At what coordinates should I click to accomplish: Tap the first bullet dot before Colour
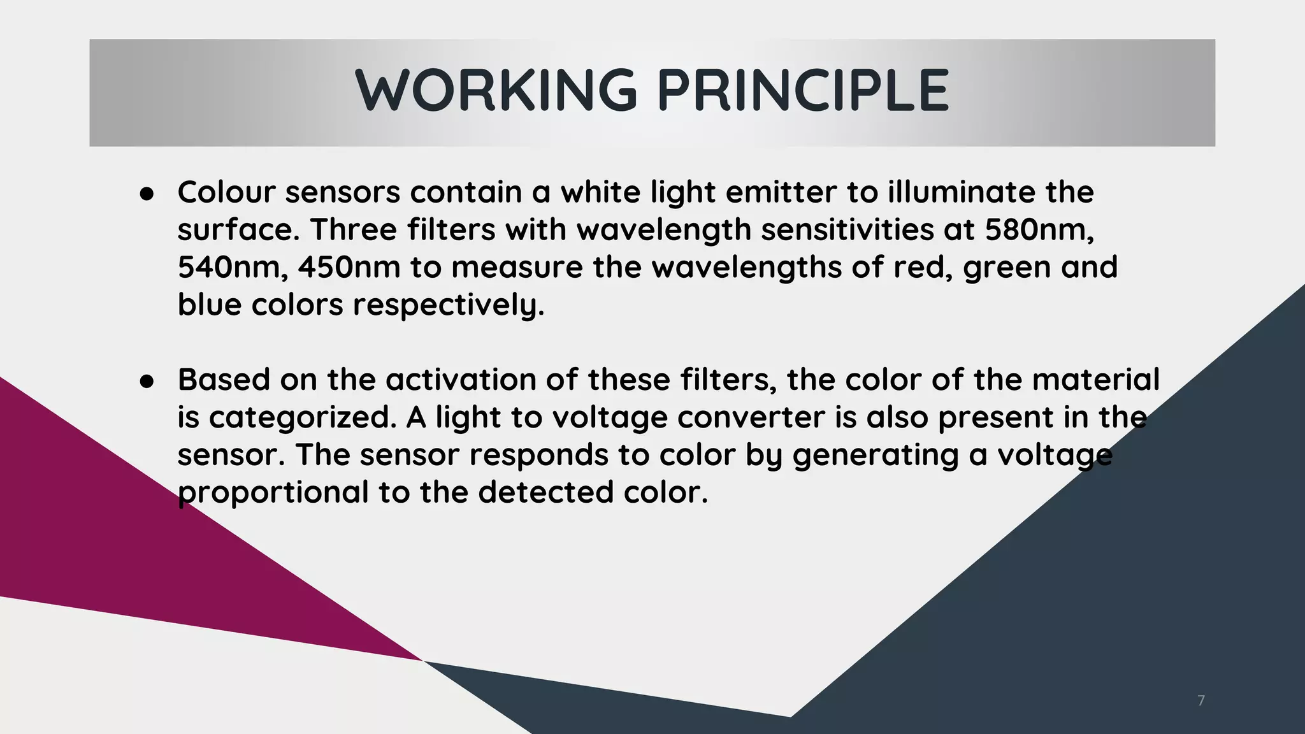pyautogui.click(x=147, y=194)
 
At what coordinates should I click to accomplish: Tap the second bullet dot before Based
pyautogui.click(x=147, y=382)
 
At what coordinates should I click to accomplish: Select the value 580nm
pyautogui.click(x=1039, y=229)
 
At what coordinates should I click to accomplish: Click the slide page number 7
pyautogui.click(x=1201, y=701)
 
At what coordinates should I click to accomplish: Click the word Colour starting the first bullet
pyautogui.click(x=226, y=192)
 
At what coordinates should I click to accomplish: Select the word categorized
pyautogui.click(x=299, y=418)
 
